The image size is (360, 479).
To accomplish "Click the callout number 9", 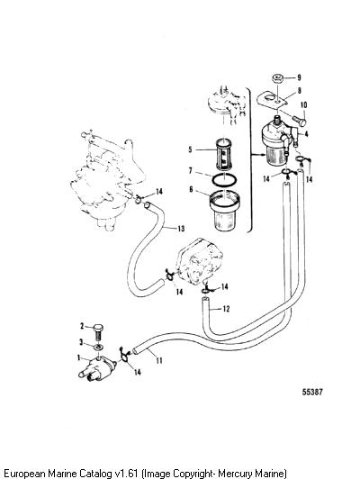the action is pyautogui.click(x=299, y=77).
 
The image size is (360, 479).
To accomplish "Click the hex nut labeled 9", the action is pyautogui.click(x=278, y=78).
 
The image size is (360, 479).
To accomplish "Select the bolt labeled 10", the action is pyautogui.click(x=299, y=121).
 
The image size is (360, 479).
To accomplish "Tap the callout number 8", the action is pyautogui.click(x=299, y=90).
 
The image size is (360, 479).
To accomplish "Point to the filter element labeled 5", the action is pyautogui.click(x=224, y=155).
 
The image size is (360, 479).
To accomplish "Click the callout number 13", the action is pyautogui.click(x=181, y=229).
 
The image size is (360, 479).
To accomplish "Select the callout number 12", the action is pyautogui.click(x=226, y=309).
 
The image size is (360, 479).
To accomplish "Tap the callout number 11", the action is pyautogui.click(x=158, y=361).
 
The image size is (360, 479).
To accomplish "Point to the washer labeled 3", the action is pyautogui.click(x=98, y=348).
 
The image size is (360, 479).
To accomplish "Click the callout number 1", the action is pyautogui.click(x=79, y=357).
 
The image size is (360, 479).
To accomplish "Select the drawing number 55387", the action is pyautogui.click(x=312, y=392).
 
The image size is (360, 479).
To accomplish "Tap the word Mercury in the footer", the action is pyautogui.click(x=236, y=474).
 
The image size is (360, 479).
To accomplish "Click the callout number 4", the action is pyautogui.click(x=306, y=134).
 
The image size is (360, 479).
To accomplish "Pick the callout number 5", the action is pyautogui.click(x=191, y=149).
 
